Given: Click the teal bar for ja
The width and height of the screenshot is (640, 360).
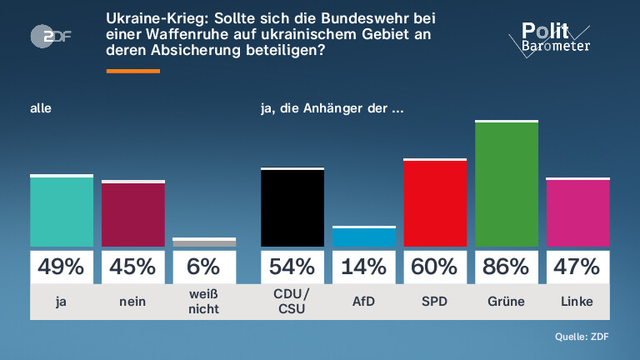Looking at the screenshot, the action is point(62,211).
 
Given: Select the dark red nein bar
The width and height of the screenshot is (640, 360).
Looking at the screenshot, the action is point(133,213).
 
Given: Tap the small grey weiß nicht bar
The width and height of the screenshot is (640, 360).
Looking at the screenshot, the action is point(204,242).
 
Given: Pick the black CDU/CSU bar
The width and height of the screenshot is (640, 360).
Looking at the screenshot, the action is point(292,207).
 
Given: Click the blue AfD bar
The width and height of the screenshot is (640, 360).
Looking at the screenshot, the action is point(363,237).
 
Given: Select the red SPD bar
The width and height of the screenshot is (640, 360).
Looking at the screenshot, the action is point(435,202).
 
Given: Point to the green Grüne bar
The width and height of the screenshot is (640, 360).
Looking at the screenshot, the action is point(507,183).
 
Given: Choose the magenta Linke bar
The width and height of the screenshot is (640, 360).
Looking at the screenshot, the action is point(578,212).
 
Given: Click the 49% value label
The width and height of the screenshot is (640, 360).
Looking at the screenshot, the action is point(61,267).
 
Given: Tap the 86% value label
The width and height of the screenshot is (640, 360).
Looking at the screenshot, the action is point(506,267).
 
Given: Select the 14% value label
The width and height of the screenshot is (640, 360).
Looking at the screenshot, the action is point(363,267).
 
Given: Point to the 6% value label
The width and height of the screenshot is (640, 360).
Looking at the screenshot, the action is point(203,267).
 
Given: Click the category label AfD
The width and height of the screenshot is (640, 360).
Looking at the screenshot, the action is point(363,302).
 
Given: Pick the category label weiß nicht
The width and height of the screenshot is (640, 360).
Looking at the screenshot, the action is point(203,302).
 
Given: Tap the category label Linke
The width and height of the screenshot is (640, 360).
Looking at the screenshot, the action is point(577,302).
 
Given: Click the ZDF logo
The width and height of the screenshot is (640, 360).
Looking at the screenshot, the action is point(51,37).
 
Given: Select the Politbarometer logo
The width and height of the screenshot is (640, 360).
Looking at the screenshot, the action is point(549,39).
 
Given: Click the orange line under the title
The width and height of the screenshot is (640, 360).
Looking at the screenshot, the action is point(133,71).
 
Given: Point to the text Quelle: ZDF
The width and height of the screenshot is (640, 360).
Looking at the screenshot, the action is point(582,337).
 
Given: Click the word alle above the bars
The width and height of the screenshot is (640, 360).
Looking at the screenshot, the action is point(41,108).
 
